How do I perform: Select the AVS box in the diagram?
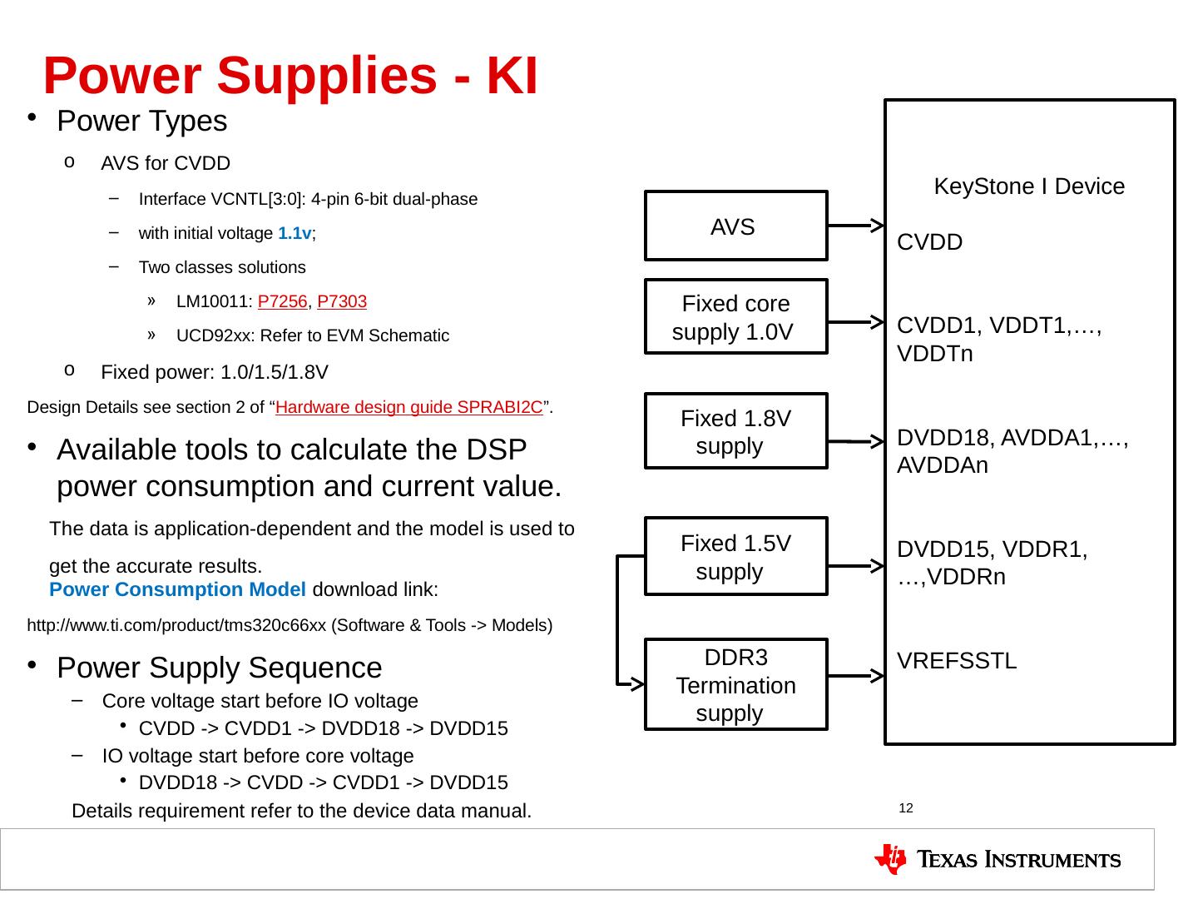pos(735,226)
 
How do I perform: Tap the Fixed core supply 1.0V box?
pos(735,317)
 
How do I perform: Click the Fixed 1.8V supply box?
pos(735,431)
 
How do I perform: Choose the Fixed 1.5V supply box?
pos(735,557)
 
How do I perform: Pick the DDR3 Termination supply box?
pos(735,685)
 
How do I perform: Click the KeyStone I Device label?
pos(1029,186)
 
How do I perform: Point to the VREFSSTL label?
pos(957,662)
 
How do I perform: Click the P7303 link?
pos(342,301)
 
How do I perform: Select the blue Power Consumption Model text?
pos(177,590)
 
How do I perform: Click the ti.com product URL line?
pos(290,625)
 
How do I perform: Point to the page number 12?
pos(907,808)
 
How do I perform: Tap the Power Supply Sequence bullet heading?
pos(220,668)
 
